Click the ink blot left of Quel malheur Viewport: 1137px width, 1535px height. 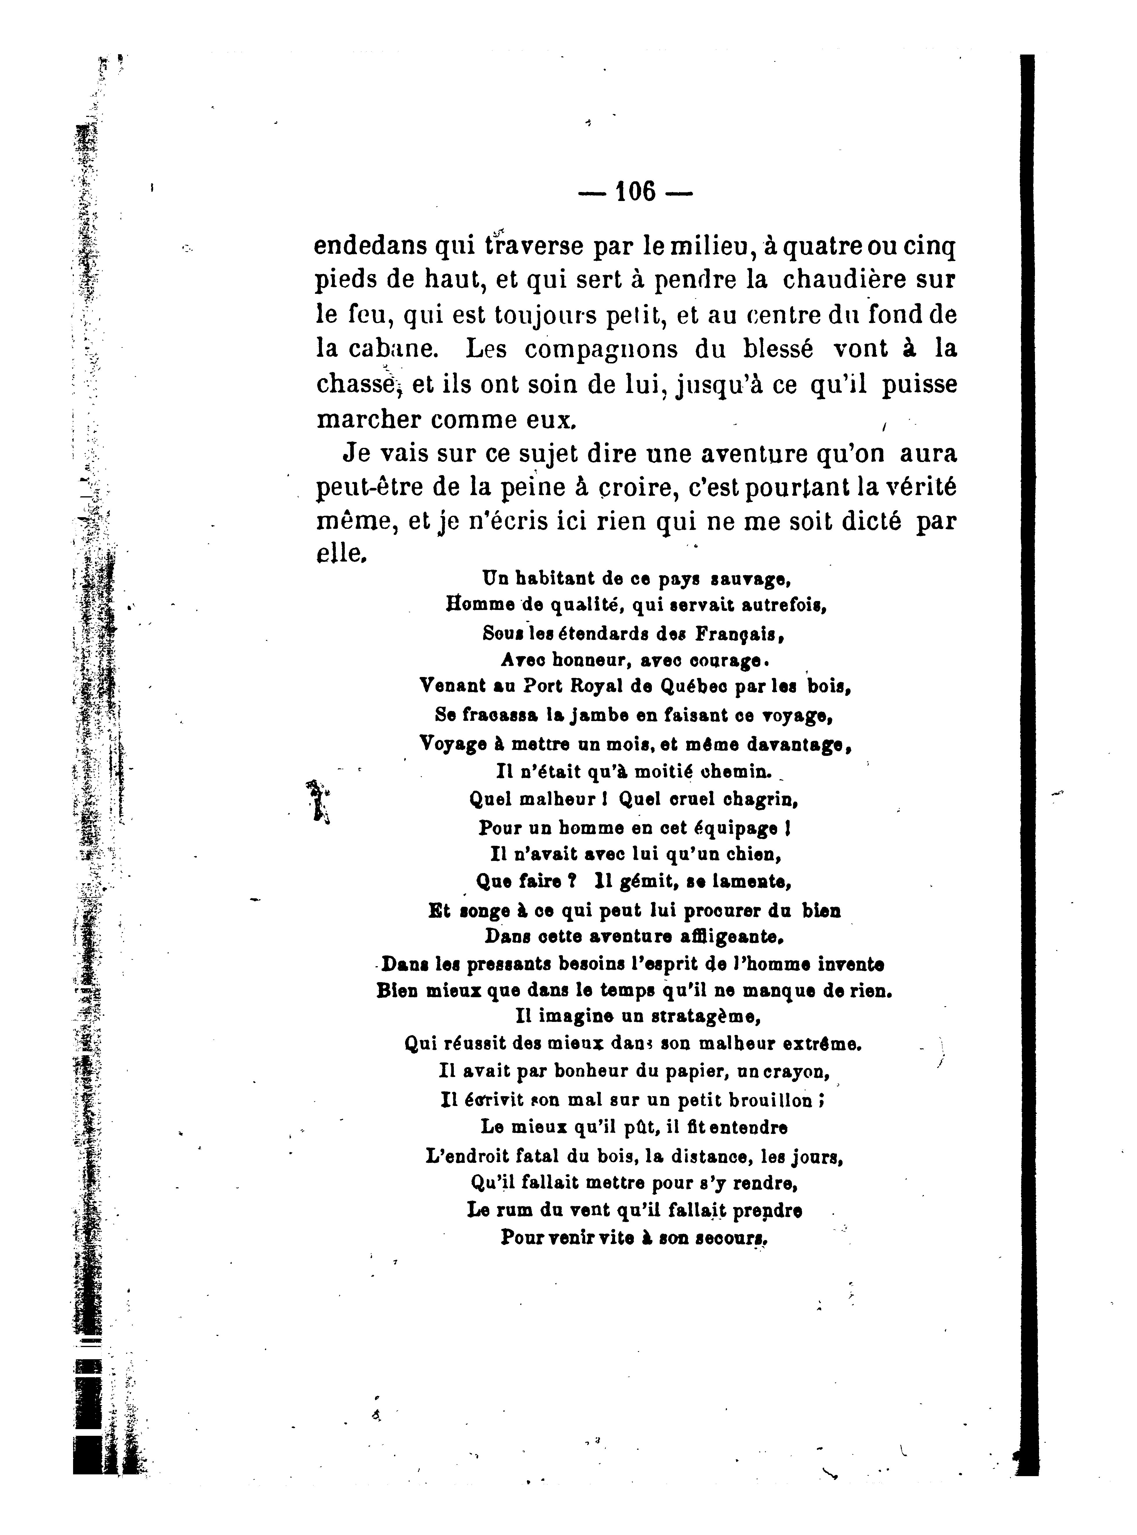[x=317, y=801]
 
